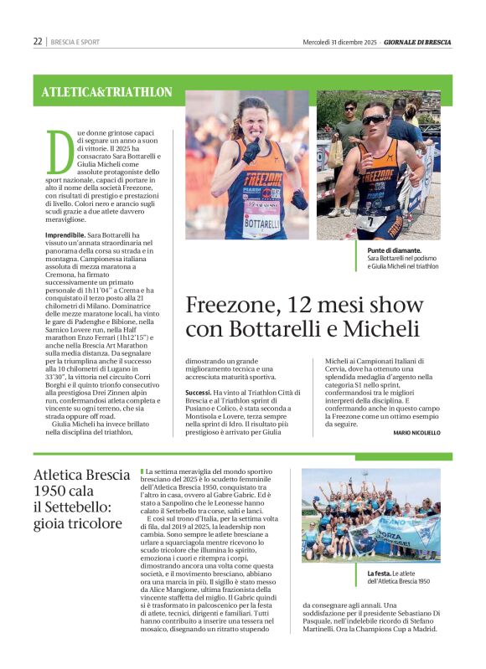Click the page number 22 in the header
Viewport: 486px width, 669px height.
tap(38, 41)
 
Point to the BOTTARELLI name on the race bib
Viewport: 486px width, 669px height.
tap(263, 224)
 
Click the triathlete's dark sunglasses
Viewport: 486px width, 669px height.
tap(374, 120)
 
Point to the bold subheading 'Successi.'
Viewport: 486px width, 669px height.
tap(198, 392)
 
